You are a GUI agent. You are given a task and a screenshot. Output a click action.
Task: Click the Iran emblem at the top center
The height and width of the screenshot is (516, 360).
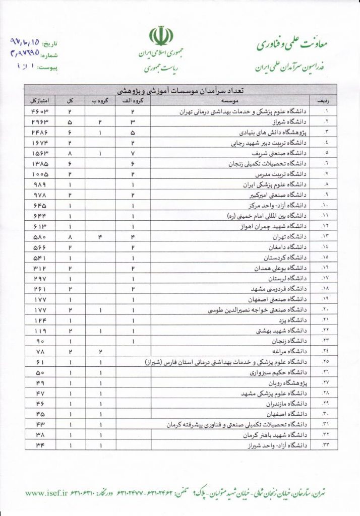pyautogui.click(x=161, y=37)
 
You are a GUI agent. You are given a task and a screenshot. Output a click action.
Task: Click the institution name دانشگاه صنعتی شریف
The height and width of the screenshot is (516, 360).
pyautogui.click(x=282, y=153)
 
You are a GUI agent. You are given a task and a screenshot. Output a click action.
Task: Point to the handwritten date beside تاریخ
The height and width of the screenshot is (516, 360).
pyautogui.click(x=25, y=43)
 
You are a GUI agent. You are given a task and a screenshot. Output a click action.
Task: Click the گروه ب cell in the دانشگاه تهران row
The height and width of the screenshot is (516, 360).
pyautogui.click(x=100, y=236)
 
